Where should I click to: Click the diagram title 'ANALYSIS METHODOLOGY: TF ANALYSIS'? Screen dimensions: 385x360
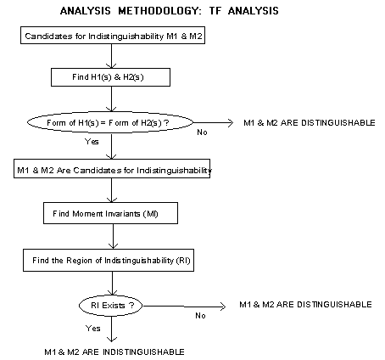click(170, 11)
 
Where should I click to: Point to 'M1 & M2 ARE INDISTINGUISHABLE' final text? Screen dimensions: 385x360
click(114, 352)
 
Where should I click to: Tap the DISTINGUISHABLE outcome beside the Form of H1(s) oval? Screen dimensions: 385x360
click(310, 122)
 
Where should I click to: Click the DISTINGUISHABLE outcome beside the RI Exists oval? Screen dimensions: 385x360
click(305, 304)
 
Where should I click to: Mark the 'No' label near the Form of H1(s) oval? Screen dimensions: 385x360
click(202, 132)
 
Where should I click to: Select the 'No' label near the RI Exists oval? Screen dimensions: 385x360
click(200, 316)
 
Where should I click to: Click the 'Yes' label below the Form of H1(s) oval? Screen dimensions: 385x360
click(92, 141)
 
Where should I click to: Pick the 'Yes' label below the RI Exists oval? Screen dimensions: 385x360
click(93, 328)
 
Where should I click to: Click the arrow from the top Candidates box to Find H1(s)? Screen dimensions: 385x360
click(111, 56)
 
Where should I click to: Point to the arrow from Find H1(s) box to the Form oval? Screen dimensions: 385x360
click(111, 98)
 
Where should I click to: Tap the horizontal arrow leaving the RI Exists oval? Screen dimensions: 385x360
click(184, 307)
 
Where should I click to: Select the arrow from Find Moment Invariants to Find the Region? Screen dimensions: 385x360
click(113, 236)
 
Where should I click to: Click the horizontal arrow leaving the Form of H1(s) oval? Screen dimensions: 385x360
click(214, 122)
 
